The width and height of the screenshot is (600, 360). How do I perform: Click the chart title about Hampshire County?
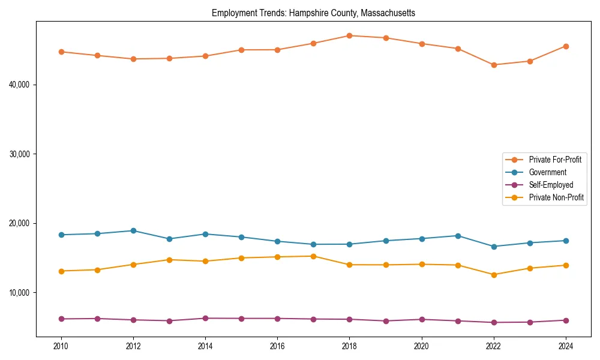click(x=313, y=13)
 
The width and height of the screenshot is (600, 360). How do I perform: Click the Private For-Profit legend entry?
click(x=554, y=160)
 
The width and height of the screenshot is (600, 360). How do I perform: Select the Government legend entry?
click(x=547, y=172)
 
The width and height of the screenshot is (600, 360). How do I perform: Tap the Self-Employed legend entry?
click(x=551, y=185)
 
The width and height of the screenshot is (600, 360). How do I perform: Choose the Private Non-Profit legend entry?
click(x=556, y=197)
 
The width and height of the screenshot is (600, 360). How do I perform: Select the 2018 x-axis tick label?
click(x=349, y=346)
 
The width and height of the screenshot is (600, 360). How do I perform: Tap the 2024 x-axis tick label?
click(x=566, y=346)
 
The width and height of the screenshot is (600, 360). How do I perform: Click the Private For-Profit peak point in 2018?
click(x=349, y=35)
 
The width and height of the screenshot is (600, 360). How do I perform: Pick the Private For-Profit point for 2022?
click(x=494, y=65)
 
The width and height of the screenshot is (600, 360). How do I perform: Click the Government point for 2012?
click(x=133, y=230)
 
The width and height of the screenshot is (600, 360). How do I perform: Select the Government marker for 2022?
click(x=494, y=247)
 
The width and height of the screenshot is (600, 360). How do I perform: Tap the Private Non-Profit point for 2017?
click(x=313, y=256)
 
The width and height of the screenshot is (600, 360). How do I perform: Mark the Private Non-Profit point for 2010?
click(x=61, y=271)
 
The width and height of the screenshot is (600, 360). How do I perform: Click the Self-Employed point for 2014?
click(x=205, y=318)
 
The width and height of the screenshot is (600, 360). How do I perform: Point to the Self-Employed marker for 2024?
click(x=566, y=320)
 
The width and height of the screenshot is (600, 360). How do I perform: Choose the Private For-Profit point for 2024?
click(x=566, y=46)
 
